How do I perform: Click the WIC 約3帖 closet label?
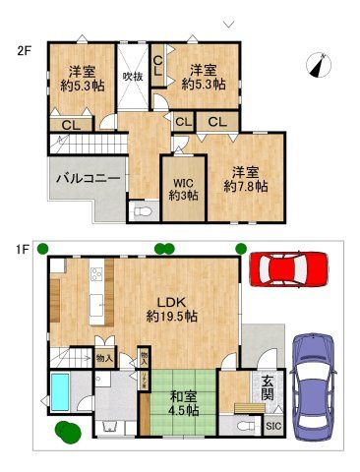coord(182,188)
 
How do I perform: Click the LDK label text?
coord(175,301)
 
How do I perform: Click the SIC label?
coord(273,426)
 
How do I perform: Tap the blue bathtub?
coord(60,392)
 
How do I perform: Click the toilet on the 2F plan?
coord(142,211)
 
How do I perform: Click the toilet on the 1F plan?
coord(243,426)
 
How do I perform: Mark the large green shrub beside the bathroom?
coord(67,431)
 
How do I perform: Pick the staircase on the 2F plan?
coord(84,144)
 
